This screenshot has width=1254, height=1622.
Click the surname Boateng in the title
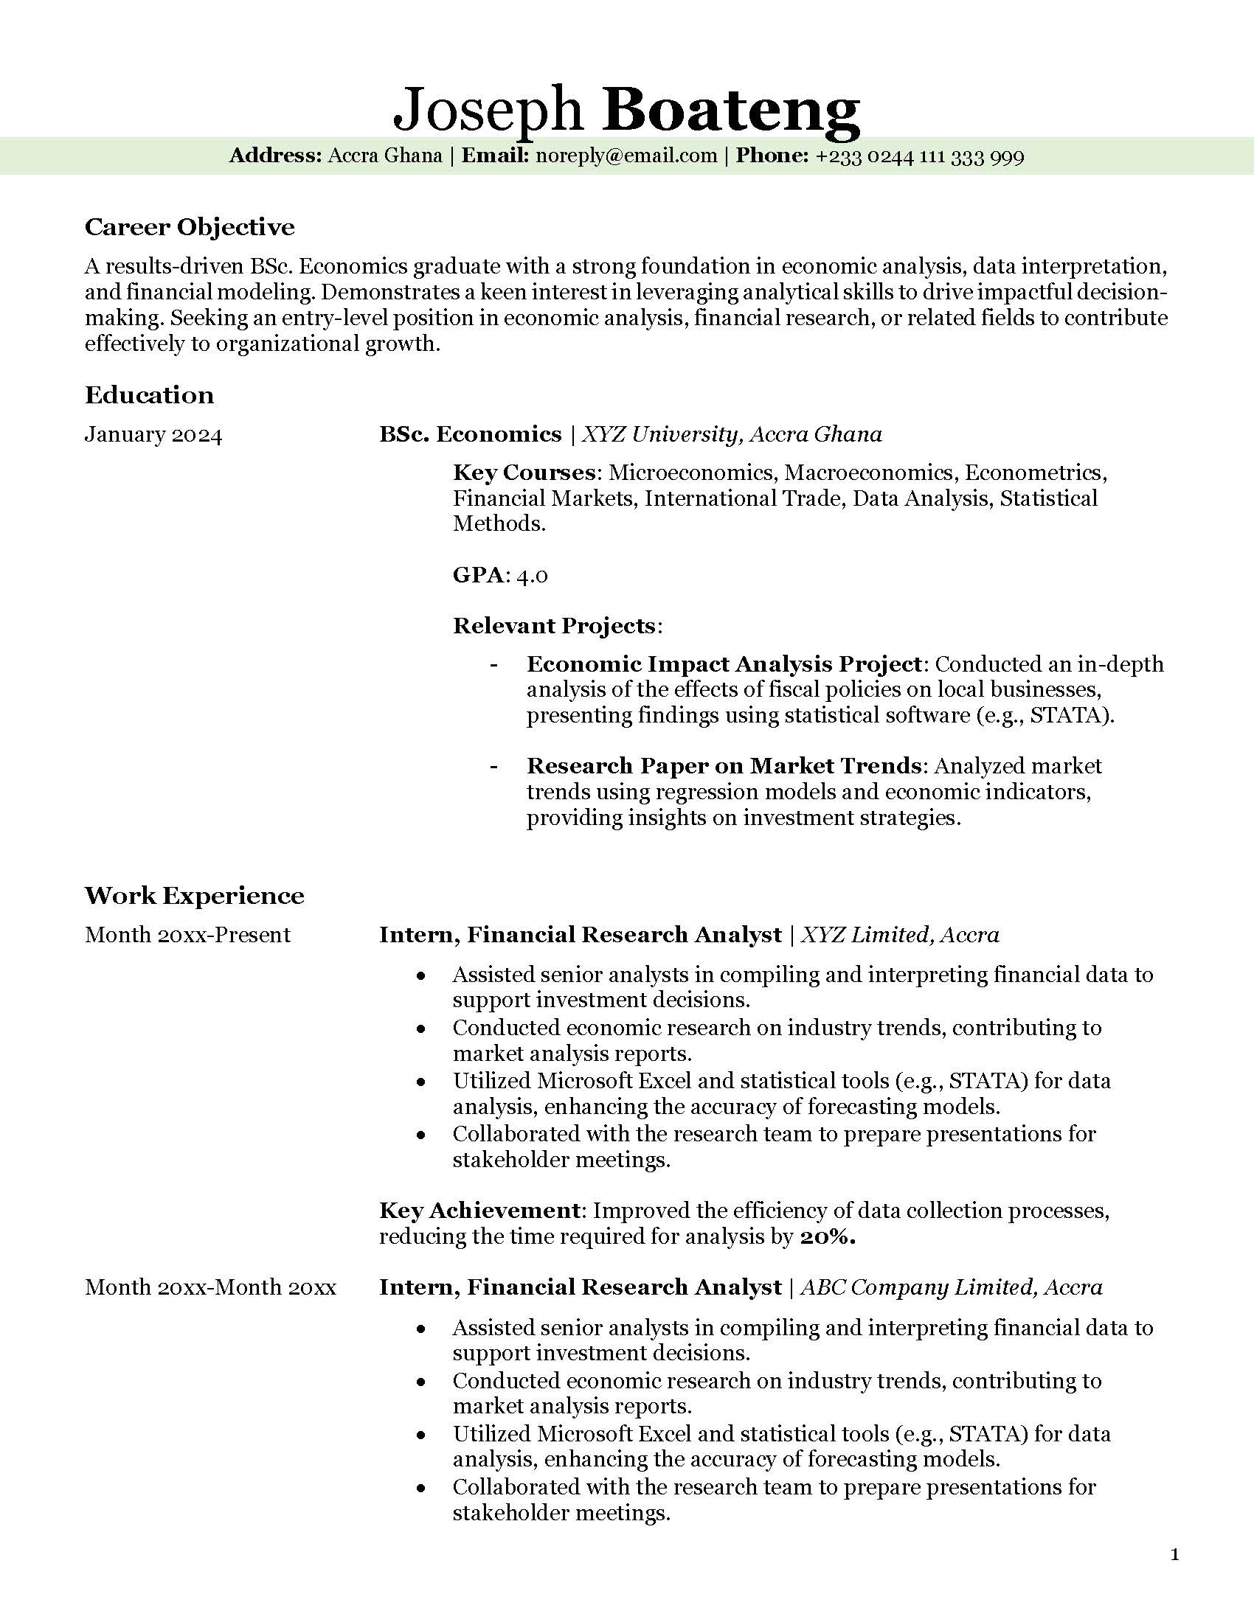(731, 110)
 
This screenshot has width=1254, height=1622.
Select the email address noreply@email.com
(626, 156)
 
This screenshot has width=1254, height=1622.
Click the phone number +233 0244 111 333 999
(920, 157)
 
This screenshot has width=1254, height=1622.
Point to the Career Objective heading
(190, 226)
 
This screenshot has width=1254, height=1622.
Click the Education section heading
(149, 394)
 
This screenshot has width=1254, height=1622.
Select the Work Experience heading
(195, 895)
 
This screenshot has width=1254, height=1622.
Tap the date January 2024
(153, 434)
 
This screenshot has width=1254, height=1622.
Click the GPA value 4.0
(532, 575)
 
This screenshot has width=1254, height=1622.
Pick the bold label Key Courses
(524, 473)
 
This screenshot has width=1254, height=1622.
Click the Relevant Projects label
(554, 625)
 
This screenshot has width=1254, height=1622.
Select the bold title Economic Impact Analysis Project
(724, 664)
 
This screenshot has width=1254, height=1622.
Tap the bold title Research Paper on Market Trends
(724, 765)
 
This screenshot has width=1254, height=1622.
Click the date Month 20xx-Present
(187, 934)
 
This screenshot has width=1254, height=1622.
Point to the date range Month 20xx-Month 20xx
(210, 1287)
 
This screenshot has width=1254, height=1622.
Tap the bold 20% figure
(828, 1236)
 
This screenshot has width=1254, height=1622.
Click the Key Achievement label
(479, 1211)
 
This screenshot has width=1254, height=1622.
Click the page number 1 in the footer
(1174, 1553)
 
